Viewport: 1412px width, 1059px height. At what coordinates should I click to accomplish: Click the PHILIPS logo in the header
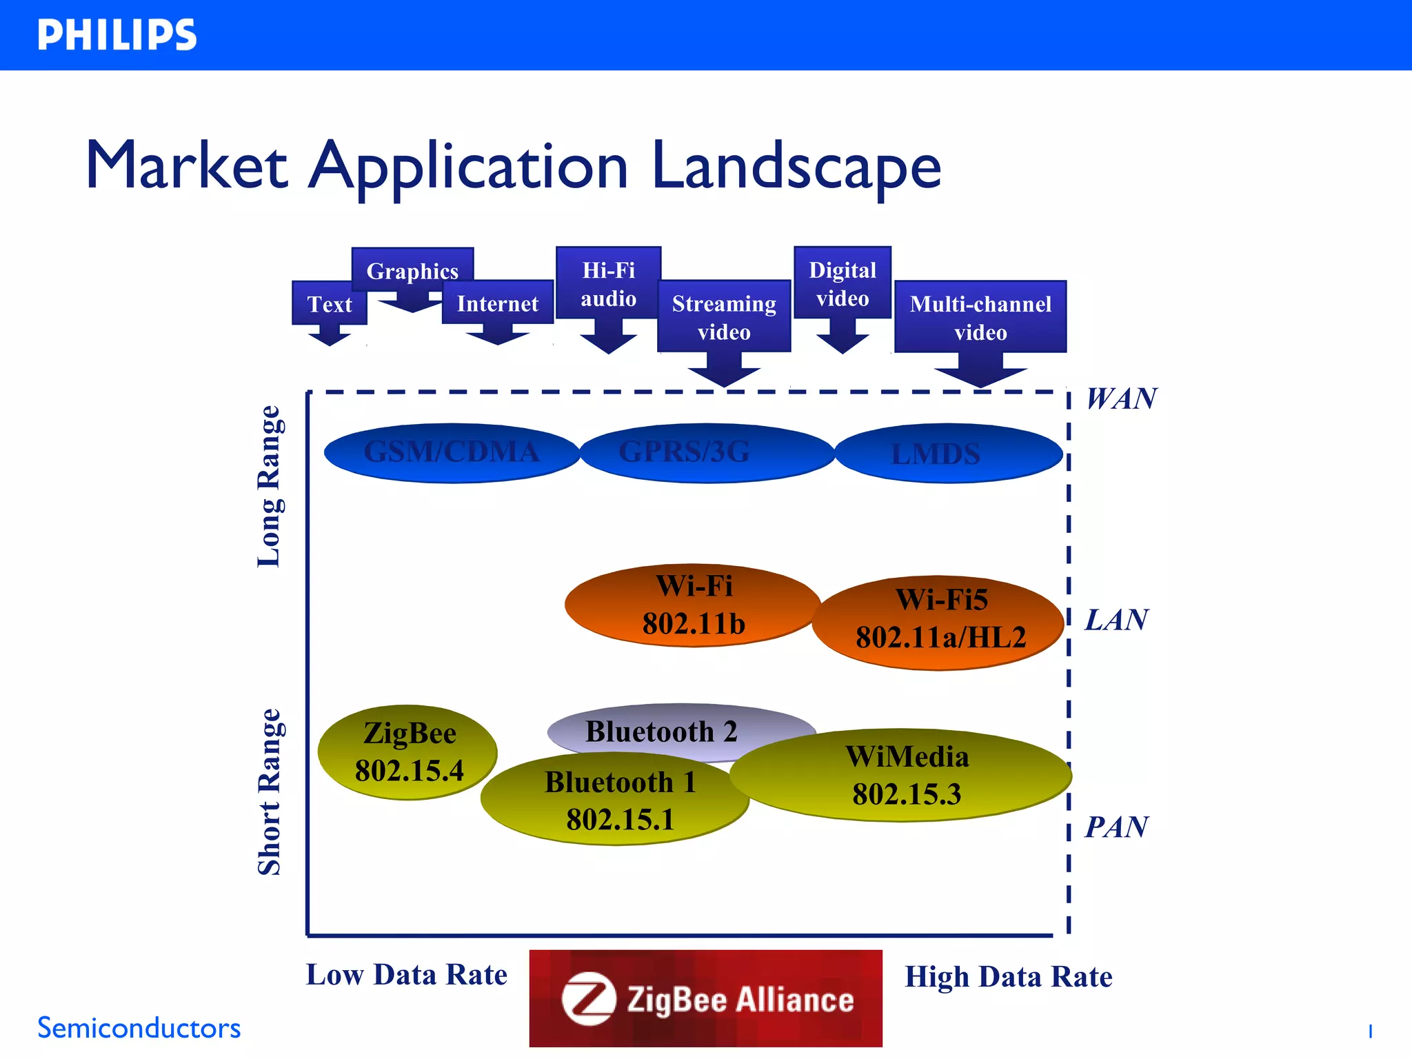(117, 35)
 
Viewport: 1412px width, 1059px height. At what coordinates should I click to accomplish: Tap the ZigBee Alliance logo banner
(705, 998)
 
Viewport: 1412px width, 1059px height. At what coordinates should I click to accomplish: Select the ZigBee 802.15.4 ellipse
(407, 752)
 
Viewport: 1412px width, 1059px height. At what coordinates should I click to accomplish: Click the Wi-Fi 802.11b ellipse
(693, 605)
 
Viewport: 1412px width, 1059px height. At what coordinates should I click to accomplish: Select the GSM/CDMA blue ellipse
(452, 453)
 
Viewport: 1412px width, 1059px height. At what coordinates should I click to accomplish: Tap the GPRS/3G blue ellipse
(707, 453)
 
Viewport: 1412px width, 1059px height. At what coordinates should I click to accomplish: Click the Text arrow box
(329, 304)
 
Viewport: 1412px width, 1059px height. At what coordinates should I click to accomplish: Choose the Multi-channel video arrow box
(980, 318)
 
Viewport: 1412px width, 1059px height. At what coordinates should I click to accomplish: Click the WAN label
(1121, 399)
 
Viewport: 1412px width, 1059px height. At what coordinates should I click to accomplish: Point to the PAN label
(1116, 827)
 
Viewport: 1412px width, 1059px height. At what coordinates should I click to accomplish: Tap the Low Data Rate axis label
(406, 975)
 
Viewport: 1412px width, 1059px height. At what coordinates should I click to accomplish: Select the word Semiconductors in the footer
(139, 1028)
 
